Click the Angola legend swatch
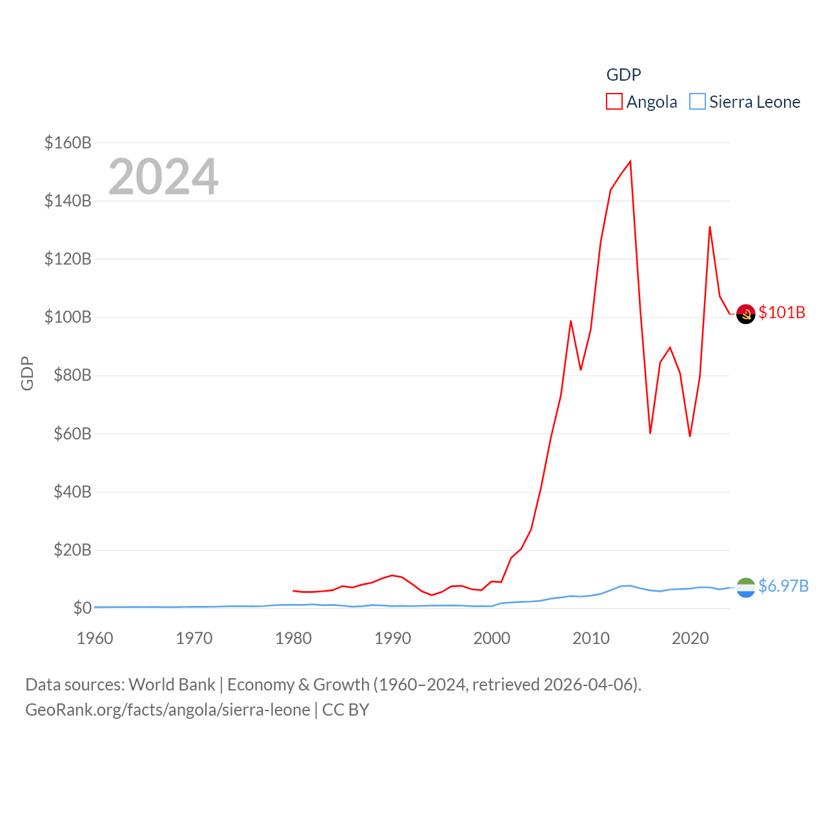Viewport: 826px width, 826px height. point(614,102)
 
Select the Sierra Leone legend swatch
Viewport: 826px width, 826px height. point(698,102)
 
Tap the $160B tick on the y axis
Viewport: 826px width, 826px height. point(68,143)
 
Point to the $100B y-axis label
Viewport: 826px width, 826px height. point(68,317)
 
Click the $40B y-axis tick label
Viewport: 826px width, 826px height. point(68,492)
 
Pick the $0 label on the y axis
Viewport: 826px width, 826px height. point(82,608)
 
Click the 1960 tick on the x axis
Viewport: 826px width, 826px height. point(95,638)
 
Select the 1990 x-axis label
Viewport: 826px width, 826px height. point(392,638)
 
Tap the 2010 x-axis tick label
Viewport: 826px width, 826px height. point(591,638)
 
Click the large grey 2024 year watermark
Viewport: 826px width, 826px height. point(163,177)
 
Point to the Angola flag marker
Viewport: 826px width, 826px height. point(745,314)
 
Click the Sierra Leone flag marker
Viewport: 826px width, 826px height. point(745,587)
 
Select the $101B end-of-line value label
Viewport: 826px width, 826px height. point(782,312)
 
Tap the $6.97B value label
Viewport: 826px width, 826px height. point(783,586)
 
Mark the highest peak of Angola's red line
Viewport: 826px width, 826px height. point(630,161)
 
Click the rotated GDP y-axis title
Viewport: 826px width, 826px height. point(27,373)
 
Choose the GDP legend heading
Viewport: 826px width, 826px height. point(623,75)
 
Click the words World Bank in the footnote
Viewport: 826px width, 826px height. point(172,684)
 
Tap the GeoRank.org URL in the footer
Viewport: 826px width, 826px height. point(168,710)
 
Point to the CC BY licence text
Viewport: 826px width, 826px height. point(345,710)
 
